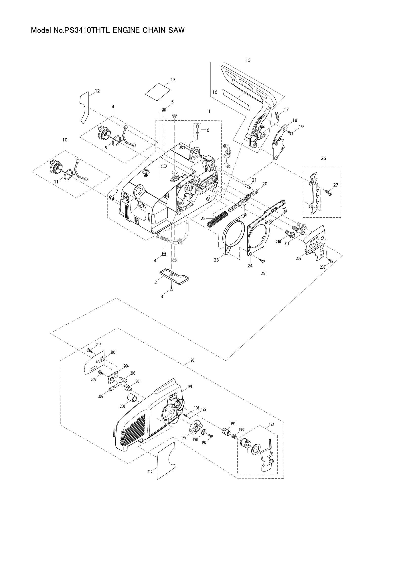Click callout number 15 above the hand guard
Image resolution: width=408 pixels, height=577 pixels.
pos(248,60)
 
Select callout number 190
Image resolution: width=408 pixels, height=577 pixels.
pos(192,360)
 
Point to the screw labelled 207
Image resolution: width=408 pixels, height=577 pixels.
pos(89,350)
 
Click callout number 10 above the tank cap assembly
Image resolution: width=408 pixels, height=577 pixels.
pos(65,140)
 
